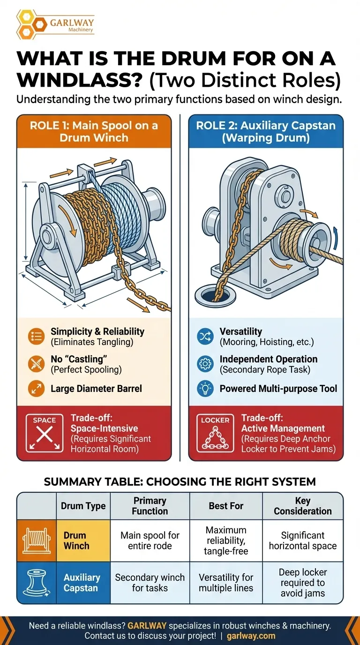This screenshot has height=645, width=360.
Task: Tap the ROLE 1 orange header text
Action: coord(94,132)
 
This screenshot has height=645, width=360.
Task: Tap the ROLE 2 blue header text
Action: coord(266,132)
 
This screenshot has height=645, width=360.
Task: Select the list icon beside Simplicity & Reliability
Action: coord(36,336)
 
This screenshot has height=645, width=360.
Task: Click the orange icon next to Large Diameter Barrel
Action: coord(36,389)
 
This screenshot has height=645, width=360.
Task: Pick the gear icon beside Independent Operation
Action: coord(205,364)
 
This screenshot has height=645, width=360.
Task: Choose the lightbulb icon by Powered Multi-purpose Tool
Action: coord(205,389)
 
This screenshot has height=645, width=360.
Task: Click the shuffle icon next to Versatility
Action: coord(205,336)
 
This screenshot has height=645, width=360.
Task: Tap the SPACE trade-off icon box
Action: coord(45,433)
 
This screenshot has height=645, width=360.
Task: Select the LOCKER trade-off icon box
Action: coord(215,433)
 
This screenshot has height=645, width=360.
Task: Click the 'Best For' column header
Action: coord(226,506)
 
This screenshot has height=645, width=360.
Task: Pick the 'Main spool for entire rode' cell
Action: coord(150,540)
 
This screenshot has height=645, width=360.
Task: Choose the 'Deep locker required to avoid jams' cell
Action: coord(303,583)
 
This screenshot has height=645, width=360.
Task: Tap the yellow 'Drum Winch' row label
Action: coord(83,540)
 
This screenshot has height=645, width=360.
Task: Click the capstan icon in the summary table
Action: coord(36,583)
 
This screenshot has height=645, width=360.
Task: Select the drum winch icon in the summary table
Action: coord(36,540)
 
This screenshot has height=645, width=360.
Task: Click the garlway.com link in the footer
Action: coord(251,636)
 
